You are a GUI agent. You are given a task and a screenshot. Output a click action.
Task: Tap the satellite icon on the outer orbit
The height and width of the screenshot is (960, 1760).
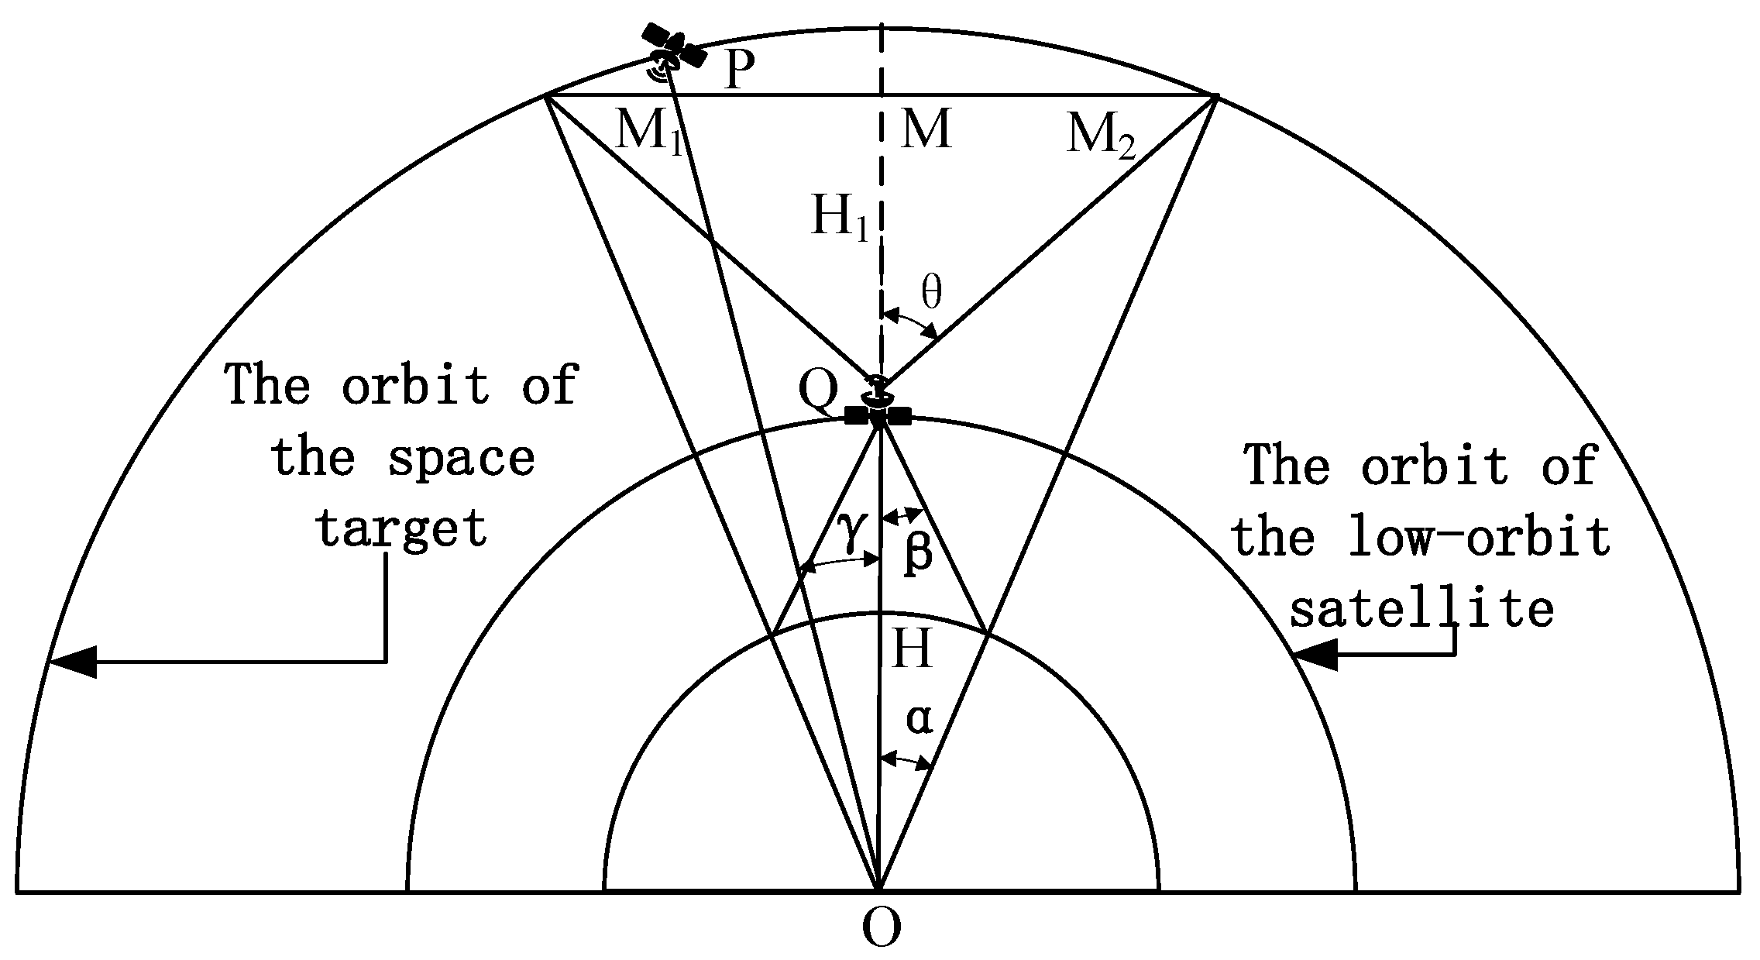[x=673, y=50]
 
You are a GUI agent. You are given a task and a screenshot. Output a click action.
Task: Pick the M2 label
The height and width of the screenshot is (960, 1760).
[x=1100, y=136]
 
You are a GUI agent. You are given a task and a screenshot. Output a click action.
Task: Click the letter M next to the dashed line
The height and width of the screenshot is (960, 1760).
[x=925, y=129]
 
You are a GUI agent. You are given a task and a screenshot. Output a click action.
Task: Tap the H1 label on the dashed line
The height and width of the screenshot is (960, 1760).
[x=839, y=216]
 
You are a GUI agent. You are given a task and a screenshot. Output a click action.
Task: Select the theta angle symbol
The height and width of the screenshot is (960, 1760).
[x=932, y=293]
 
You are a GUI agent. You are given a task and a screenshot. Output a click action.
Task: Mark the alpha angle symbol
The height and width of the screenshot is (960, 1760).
[x=920, y=719]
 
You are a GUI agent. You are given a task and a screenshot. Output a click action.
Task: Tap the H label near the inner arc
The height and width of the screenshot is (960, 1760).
[x=912, y=649]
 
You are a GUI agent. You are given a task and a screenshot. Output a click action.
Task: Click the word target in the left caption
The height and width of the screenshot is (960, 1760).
[x=400, y=528]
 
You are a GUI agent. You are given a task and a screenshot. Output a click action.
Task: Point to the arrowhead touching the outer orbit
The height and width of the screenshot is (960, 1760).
[x=74, y=661]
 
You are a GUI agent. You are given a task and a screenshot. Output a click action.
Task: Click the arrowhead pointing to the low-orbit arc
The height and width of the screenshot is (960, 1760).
[x=1315, y=655]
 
